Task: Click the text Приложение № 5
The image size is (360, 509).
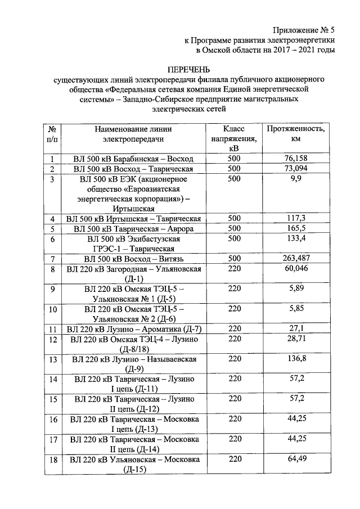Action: (304, 31)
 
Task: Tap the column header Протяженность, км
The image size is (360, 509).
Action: (295, 133)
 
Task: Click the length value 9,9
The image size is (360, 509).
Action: (295, 179)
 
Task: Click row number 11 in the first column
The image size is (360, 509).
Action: (52, 329)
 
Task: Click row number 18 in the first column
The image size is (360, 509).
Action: (52, 460)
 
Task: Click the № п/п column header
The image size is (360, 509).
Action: (52, 133)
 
